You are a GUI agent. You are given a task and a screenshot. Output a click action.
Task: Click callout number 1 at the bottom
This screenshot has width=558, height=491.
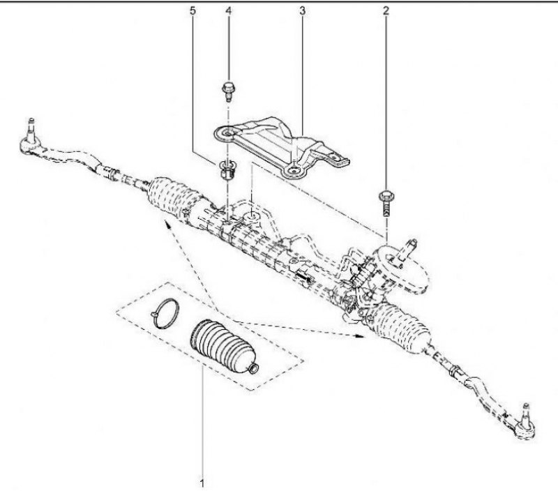point(202,483)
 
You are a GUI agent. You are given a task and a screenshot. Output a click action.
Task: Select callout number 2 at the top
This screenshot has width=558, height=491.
point(386,10)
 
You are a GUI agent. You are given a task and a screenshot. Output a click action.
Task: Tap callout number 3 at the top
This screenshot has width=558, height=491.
point(302,10)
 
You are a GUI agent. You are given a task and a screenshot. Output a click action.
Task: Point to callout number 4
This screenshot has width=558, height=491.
point(228,10)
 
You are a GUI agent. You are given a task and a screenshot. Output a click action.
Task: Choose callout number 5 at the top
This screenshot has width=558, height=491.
point(193,10)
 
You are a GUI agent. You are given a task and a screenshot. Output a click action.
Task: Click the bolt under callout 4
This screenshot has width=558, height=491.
point(228,91)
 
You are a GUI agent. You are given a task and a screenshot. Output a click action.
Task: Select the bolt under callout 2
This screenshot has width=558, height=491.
point(386,204)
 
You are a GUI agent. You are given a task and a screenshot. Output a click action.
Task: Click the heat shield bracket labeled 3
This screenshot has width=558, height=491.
point(281,146)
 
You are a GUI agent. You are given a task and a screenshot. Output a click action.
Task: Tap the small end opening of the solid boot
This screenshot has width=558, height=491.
point(253,369)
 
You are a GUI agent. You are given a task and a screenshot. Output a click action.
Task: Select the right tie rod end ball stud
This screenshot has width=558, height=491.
point(525,414)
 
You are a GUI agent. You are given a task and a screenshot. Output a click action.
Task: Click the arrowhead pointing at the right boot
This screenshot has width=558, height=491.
point(360,335)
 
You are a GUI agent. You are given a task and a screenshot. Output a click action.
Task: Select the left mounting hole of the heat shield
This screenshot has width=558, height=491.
point(226,133)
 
